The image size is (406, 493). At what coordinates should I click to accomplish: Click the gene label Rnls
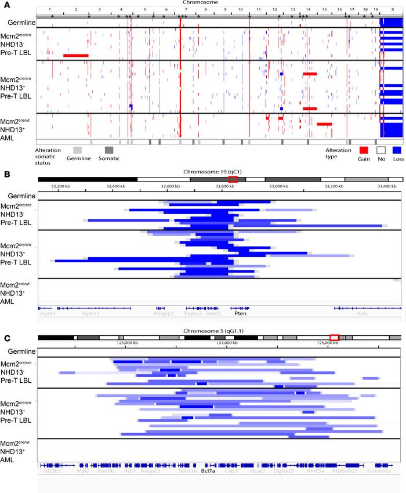coord(362,313)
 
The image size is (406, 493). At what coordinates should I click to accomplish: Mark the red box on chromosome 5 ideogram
coord(334,338)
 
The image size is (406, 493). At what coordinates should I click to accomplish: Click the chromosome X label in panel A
coord(393,10)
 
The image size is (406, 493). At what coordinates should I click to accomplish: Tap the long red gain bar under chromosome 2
coord(76,55)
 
